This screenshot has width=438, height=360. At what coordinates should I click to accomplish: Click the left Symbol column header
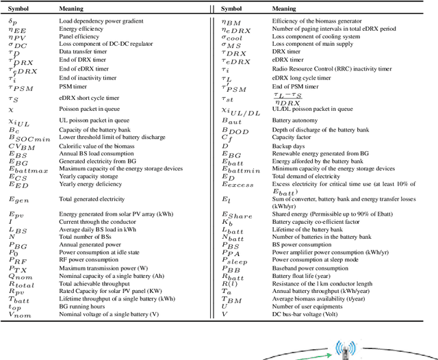click(x=19, y=9)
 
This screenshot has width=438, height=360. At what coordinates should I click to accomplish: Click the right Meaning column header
click(x=284, y=9)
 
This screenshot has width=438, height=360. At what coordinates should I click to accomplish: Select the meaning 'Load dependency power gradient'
click(x=101, y=21)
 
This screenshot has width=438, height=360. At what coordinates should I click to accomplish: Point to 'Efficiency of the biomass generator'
click(x=322, y=21)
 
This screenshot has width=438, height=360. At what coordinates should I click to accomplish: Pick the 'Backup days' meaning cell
click(x=290, y=146)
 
